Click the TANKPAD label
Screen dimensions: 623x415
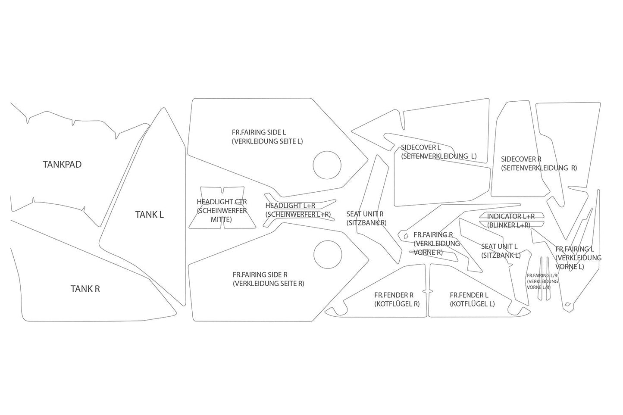(x=62, y=164)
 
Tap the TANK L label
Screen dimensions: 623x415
(x=149, y=215)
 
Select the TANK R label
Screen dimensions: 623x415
(x=85, y=289)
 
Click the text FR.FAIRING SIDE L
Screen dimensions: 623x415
(x=259, y=132)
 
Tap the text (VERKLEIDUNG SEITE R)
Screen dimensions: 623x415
(x=269, y=284)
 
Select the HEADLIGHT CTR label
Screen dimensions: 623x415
(x=222, y=202)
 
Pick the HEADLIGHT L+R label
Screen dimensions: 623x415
(x=290, y=206)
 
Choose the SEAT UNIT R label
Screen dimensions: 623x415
(x=365, y=214)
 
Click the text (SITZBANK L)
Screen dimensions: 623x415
(x=501, y=255)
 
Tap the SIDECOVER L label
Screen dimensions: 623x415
(x=421, y=147)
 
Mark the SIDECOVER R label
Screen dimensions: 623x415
(x=521, y=159)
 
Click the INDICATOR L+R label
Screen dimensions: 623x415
(x=511, y=216)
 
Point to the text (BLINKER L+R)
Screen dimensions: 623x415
(x=509, y=225)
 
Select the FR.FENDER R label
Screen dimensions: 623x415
(x=394, y=295)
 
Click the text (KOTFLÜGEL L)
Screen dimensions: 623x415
(x=472, y=304)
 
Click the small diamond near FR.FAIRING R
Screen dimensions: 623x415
(x=406, y=236)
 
